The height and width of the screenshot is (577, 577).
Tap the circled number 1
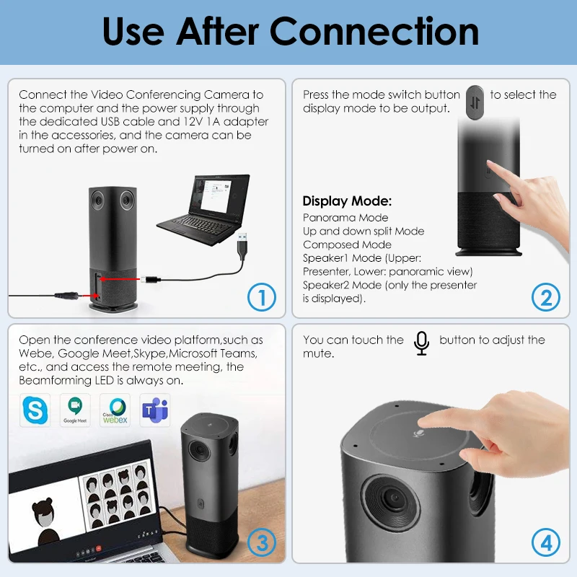262,296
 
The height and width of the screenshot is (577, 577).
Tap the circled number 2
546,296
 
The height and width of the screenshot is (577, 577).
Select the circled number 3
262,541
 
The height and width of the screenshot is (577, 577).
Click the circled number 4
546,541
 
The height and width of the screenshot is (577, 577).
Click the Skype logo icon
35,409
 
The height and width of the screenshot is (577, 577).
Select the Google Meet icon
75,409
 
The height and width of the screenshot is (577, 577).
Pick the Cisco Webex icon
115,409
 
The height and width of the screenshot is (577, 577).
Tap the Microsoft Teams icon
154,409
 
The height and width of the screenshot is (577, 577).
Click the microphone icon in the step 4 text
422,343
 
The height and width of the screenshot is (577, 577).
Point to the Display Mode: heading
347,201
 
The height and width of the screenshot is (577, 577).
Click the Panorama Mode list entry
345,218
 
